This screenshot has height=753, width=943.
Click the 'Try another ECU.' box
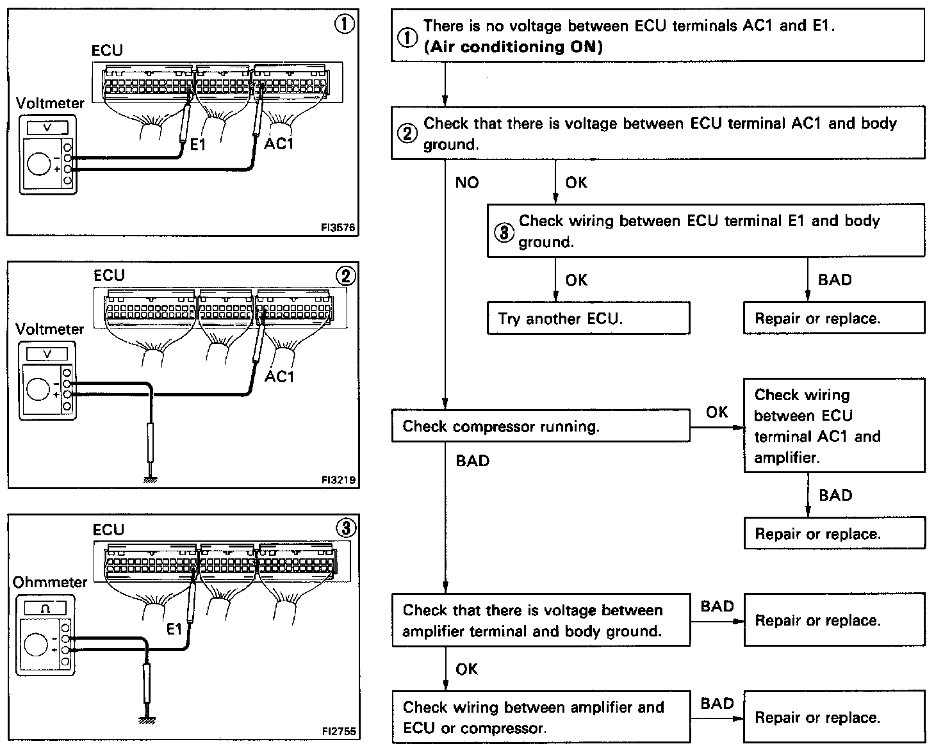(588, 318)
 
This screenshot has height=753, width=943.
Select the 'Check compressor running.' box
(541, 426)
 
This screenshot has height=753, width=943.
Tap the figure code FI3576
(338, 227)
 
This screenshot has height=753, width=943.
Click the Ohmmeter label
(49, 582)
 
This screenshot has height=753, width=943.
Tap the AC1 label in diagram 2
(279, 376)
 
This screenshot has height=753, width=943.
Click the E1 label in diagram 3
(174, 629)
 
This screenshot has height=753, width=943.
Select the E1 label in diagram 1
(198, 145)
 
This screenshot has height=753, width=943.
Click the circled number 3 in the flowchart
(504, 232)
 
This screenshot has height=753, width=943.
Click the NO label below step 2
(467, 183)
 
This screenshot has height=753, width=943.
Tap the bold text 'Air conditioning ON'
(513, 47)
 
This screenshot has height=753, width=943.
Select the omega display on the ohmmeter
(45, 608)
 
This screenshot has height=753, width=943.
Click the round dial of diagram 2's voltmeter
(38, 389)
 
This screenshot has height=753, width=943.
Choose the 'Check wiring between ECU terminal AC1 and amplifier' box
(833, 426)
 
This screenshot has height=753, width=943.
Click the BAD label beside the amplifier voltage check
(717, 606)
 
